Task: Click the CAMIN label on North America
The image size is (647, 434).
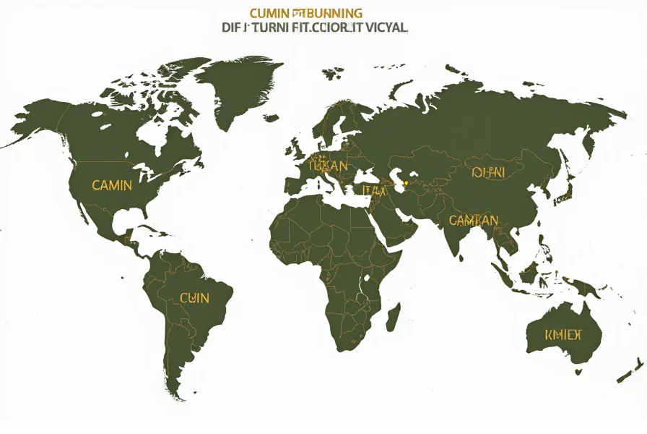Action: (112, 185)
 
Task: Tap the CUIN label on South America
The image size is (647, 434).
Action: (194, 297)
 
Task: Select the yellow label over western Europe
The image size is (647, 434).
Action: (328, 166)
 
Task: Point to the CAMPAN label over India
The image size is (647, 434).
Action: (473, 220)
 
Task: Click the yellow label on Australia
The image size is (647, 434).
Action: (564, 334)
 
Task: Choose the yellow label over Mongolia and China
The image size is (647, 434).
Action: (489, 172)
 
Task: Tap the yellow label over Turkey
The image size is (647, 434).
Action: (375, 190)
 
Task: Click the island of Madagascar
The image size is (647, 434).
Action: (394, 315)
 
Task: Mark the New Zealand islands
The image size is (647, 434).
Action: (630, 365)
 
